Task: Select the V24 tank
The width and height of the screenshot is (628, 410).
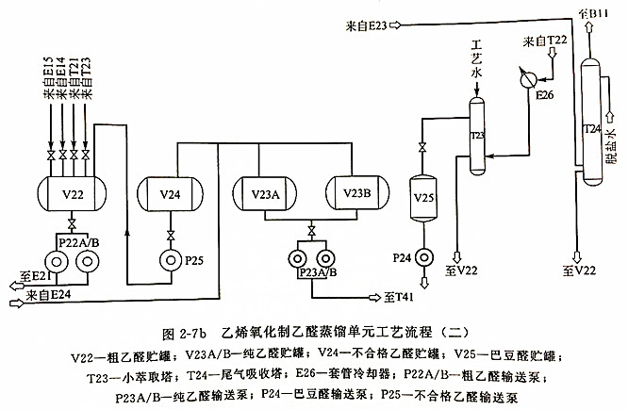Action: (x=170, y=195)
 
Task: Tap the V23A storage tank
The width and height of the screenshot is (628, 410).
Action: (x=268, y=193)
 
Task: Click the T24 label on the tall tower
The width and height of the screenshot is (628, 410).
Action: (x=591, y=127)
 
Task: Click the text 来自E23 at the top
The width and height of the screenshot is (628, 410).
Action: (x=366, y=25)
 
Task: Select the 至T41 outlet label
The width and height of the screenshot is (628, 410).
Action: (x=399, y=298)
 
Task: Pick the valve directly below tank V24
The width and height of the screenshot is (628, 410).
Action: (x=170, y=234)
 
